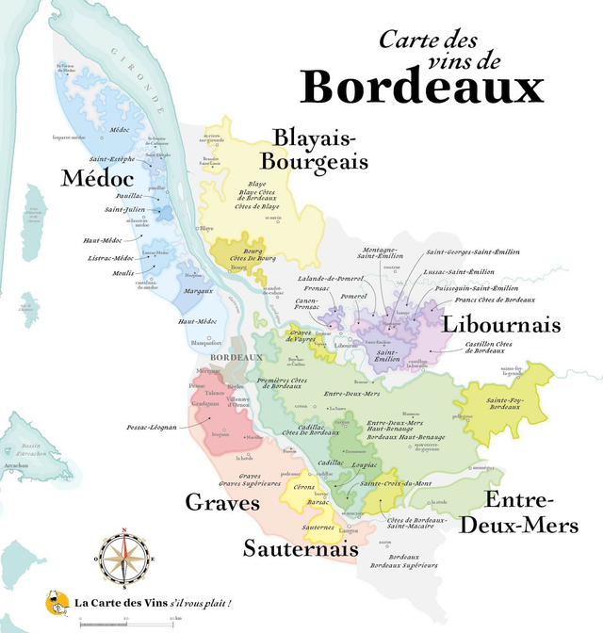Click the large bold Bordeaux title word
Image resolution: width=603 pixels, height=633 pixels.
click(422, 87)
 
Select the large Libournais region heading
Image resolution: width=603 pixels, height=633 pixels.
click(500, 326)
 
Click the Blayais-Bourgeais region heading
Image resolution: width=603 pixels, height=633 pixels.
click(314, 150)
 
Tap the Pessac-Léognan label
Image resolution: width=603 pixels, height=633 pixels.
click(151, 427)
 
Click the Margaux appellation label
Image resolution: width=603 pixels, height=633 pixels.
click(198, 291)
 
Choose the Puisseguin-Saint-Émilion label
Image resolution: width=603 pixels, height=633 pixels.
click(476, 287)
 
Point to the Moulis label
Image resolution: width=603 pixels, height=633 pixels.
click(122, 273)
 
